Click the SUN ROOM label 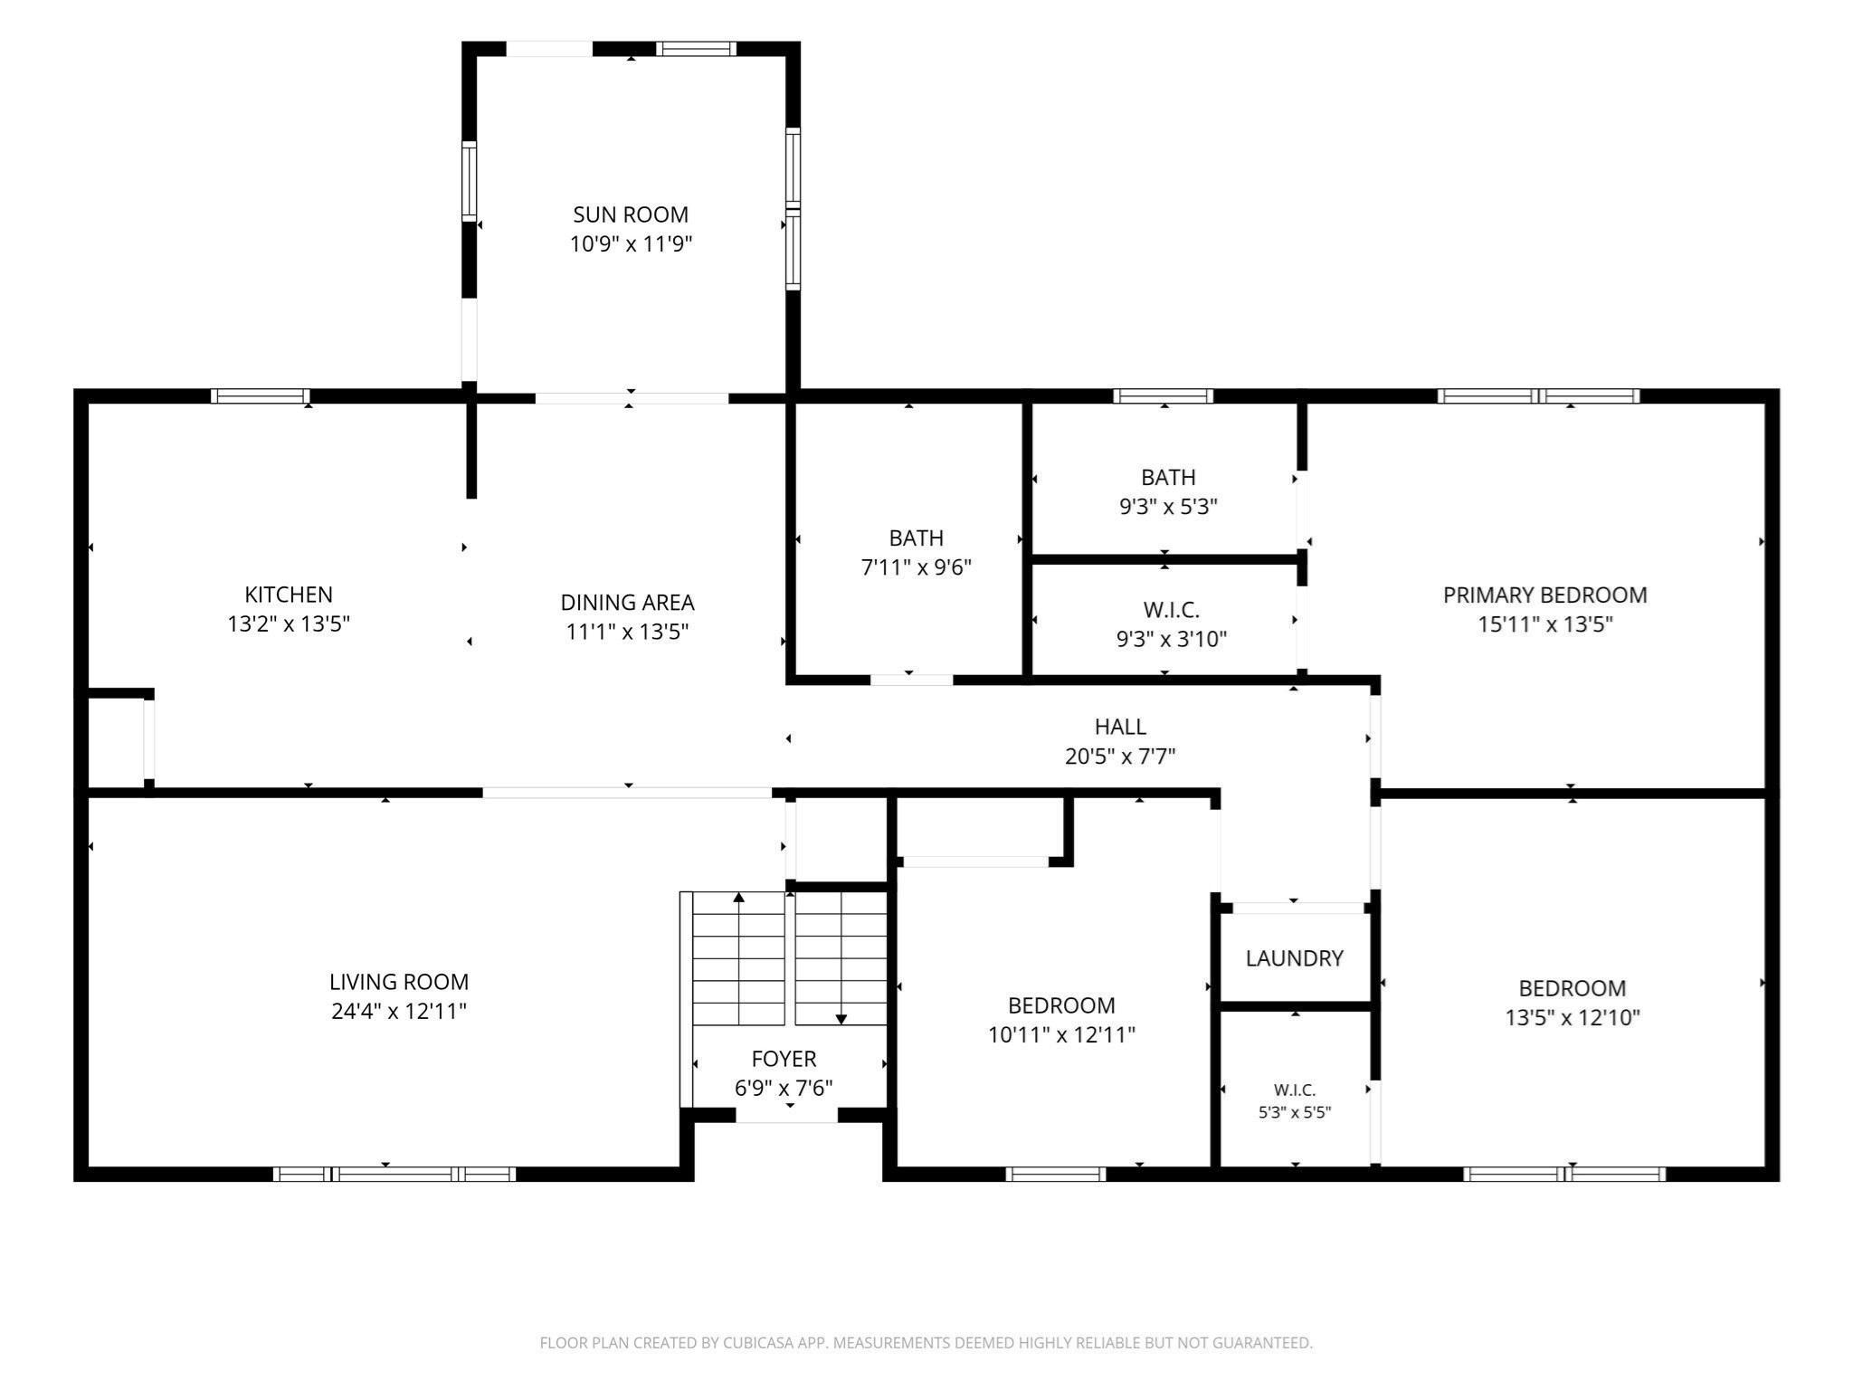click(631, 214)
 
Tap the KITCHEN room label click(289, 595)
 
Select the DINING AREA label click(627, 603)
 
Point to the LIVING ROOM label click(399, 982)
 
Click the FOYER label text click(784, 1059)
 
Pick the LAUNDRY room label click(1294, 958)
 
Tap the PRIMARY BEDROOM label click(1545, 595)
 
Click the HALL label click(1120, 727)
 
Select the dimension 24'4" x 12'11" click(399, 1011)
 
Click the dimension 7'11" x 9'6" click(917, 567)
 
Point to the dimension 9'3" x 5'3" click(1168, 507)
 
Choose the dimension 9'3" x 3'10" click(1172, 639)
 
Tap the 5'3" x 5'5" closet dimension click(1295, 1113)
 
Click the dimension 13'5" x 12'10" click(1573, 1018)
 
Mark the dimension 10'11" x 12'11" click(1061, 1034)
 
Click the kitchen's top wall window click(261, 396)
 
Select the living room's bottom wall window click(394, 1175)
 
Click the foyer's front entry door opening click(786, 1116)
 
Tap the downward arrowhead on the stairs click(841, 1020)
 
